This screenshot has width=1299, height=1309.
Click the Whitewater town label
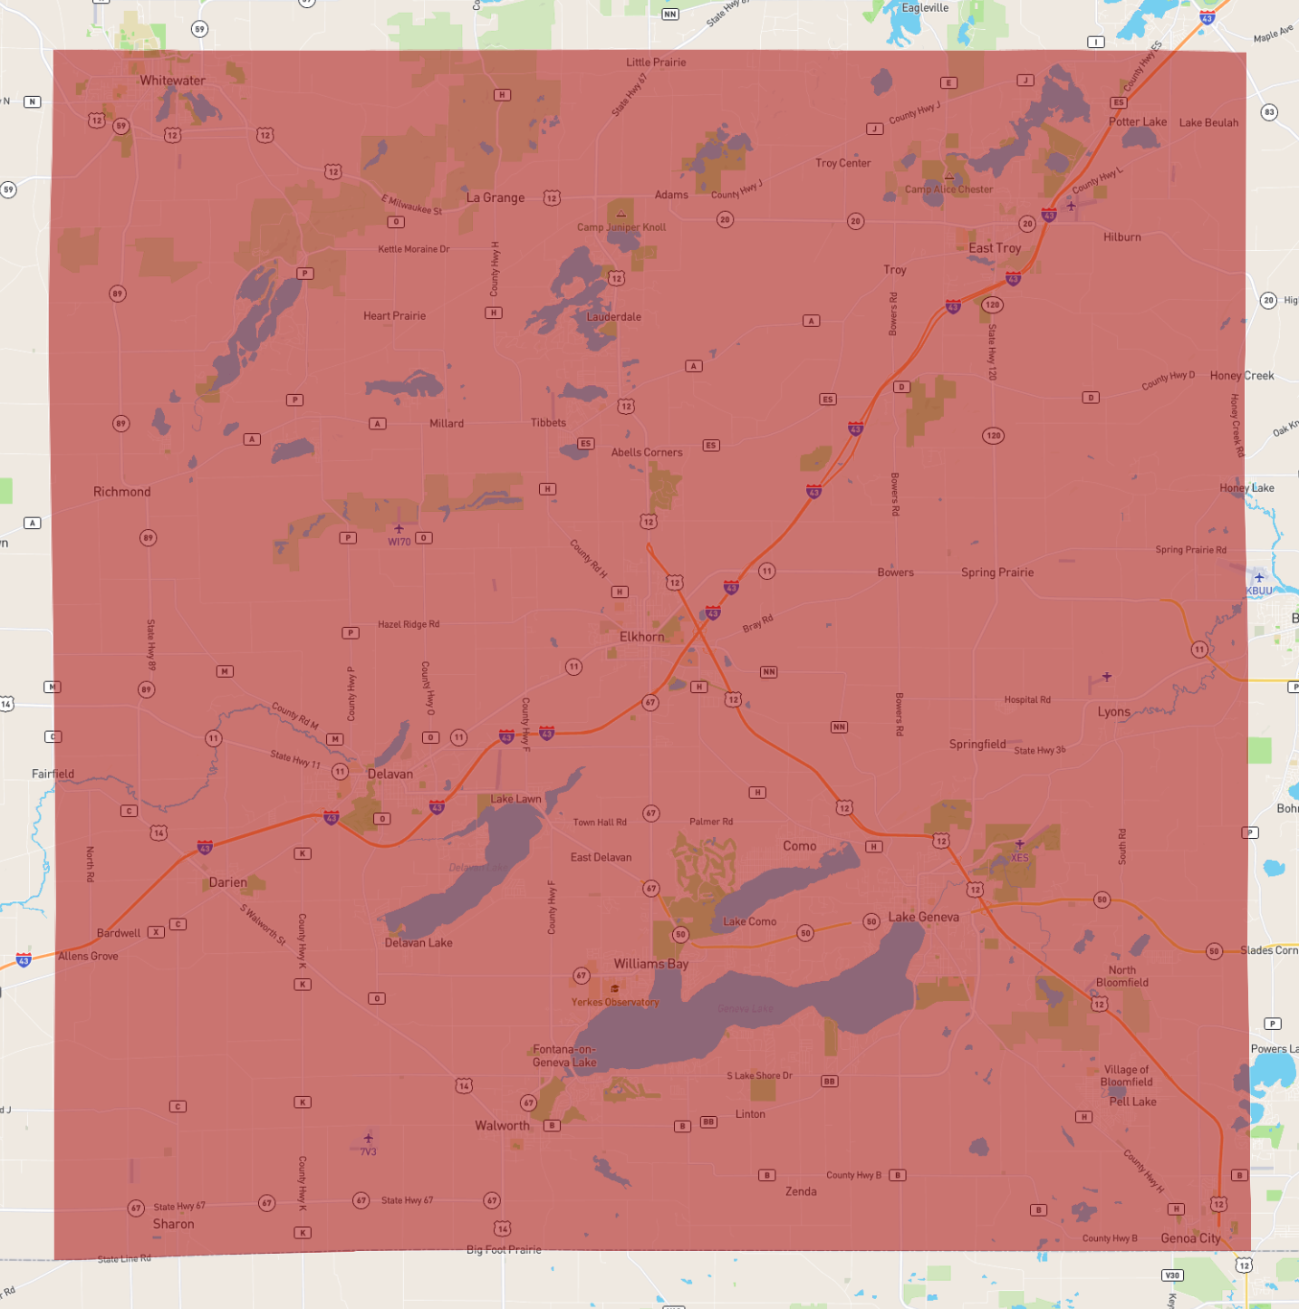[172, 81]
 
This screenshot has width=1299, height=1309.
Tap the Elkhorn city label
[641, 637]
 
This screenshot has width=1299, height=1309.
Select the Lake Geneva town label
[923, 917]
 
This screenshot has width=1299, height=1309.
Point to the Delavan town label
[390, 775]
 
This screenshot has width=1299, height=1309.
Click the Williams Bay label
[650, 964]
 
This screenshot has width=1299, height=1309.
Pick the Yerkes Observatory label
[615, 1002]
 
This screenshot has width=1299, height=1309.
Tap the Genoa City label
[1190, 1238]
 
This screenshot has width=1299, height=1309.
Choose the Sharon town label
[173, 1224]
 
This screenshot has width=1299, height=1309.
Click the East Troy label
[995, 248]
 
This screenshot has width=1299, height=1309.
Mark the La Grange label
[495, 197]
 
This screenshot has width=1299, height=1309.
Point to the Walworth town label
[502, 1125]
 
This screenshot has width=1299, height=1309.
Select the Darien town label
[227, 882]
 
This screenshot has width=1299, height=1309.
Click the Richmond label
[121, 492]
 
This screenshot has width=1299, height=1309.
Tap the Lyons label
[1113, 712]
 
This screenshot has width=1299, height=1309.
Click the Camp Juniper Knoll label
[621, 227]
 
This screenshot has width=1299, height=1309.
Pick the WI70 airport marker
[399, 530]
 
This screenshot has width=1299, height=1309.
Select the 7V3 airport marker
[368, 1140]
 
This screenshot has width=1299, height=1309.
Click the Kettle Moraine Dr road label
[413, 249]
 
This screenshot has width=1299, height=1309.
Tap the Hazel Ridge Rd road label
[408, 624]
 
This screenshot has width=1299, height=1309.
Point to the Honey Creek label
[1241, 376]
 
